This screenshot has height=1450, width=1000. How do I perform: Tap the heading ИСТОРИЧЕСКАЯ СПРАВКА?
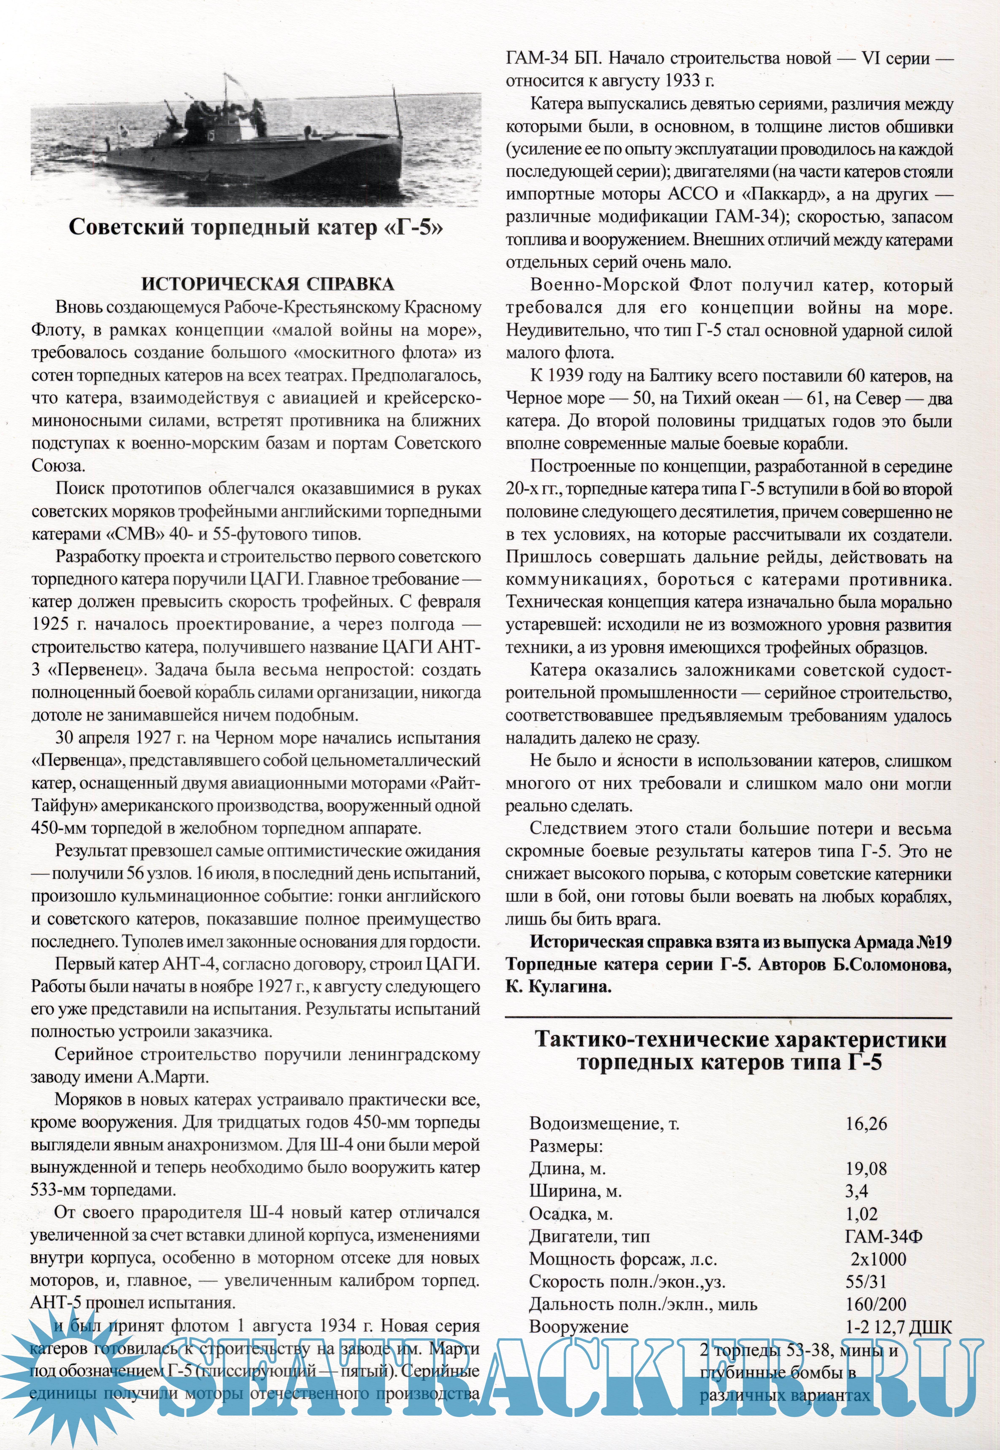tap(268, 284)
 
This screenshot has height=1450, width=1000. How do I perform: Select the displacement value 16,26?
tap(866, 1123)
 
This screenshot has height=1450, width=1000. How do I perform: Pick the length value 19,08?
tap(866, 1168)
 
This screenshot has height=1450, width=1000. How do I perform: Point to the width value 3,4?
tap(857, 1191)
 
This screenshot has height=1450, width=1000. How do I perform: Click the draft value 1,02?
tap(862, 1214)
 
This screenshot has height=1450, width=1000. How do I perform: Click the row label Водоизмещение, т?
tap(604, 1123)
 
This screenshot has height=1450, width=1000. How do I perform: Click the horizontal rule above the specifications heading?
tap(728, 1018)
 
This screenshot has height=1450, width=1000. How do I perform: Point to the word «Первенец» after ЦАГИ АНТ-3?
tap(97, 670)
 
